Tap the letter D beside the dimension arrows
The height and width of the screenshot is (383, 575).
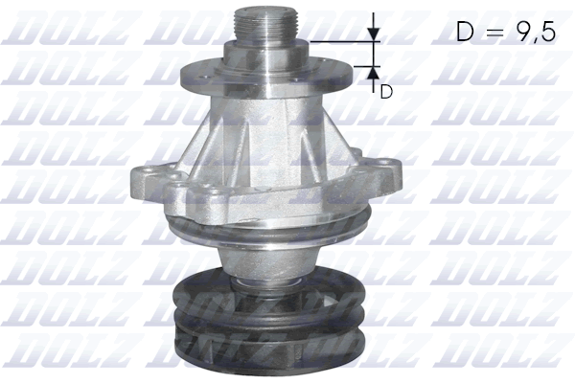tap(386, 92)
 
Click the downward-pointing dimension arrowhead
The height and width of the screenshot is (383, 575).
tap(374, 36)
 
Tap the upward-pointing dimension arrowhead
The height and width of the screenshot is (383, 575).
tap(374, 73)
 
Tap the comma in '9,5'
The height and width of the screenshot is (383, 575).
tap(538, 42)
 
